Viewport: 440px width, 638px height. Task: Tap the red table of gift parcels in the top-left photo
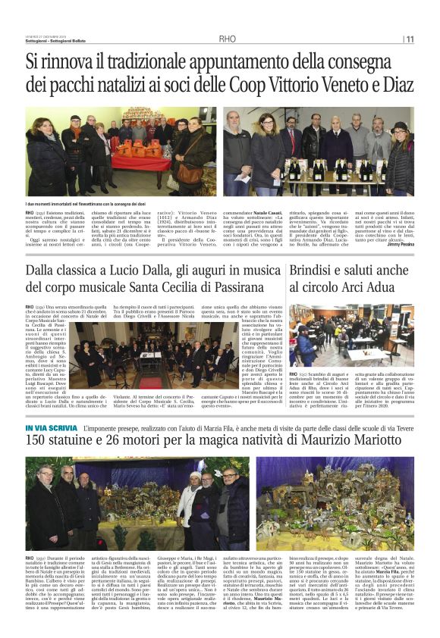[133, 161]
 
